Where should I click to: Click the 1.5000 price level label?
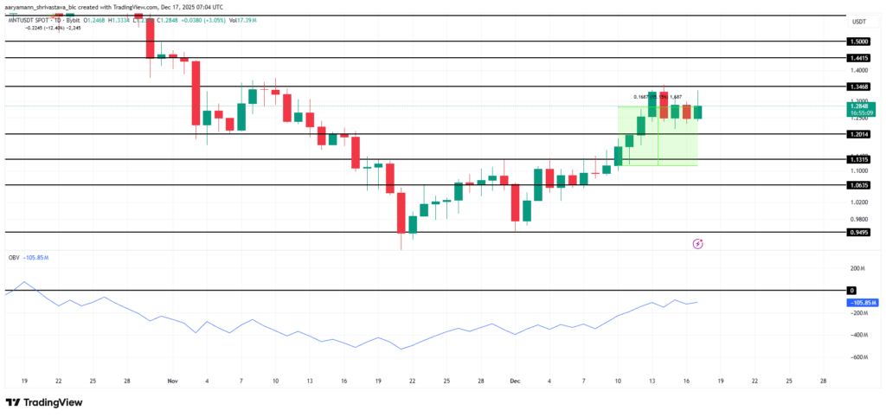(859, 41)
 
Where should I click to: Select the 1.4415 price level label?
(859, 57)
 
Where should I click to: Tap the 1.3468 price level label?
(859, 87)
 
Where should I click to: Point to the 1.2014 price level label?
(859, 134)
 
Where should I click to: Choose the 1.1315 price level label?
(859, 159)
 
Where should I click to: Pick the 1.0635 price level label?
(859, 185)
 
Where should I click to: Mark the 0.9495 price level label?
(859, 233)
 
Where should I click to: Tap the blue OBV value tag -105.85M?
(862, 303)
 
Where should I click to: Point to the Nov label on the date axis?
(171, 380)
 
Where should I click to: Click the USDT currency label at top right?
(859, 22)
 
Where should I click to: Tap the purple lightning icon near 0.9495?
(698, 245)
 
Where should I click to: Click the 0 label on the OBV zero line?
(852, 291)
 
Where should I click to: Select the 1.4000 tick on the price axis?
(859, 70)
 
